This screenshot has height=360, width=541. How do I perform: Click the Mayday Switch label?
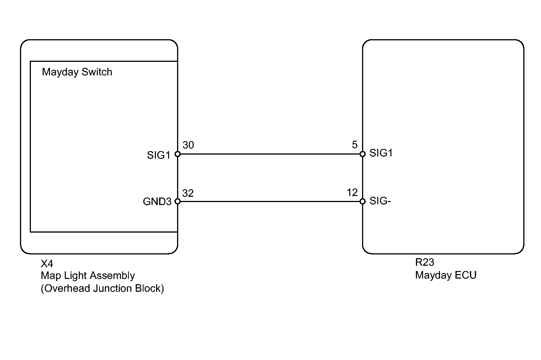(x=77, y=72)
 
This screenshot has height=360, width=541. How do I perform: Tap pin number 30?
(x=188, y=145)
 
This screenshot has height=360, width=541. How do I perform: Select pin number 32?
(x=188, y=193)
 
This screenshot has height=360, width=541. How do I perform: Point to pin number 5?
(x=355, y=145)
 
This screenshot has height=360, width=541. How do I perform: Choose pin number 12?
(x=352, y=193)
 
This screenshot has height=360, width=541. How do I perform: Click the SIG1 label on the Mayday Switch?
(x=159, y=155)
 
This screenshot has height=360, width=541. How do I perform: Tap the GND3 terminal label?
(x=157, y=202)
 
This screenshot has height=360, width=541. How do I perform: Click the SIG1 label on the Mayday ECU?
(x=381, y=153)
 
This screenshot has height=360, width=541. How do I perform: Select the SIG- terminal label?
(x=380, y=201)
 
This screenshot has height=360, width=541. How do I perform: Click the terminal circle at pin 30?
(x=177, y=154)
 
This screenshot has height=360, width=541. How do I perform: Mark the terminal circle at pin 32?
(x=177, y=201)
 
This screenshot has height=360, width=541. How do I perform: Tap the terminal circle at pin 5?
(x=362, y=154)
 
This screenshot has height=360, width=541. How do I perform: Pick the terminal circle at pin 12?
(x=362, y=201)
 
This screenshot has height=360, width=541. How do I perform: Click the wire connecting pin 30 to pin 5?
(x=270, y=154)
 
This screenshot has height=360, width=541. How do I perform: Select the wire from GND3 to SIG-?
(x=270, y=201)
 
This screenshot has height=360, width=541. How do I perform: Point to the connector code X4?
(x=47, y=263)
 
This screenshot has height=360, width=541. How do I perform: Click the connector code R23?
(x=425, y=262)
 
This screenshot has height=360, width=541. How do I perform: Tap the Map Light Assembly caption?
(x=88, y=276)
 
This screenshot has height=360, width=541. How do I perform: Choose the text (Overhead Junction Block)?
(x=102, y=288)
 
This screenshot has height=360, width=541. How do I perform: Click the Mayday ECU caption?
(x=446, y=275)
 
